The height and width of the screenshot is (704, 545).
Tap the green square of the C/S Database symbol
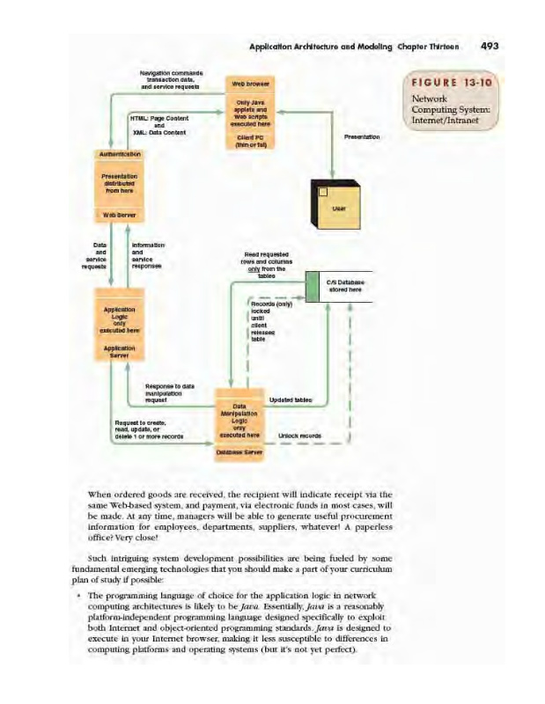point(312,286)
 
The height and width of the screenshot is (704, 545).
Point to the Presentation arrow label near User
point(362,137)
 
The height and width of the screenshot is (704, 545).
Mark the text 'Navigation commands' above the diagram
point(172,72)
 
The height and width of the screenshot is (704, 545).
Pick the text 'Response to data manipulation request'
point(170,393)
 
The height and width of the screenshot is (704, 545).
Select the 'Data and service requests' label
point(97,255)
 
